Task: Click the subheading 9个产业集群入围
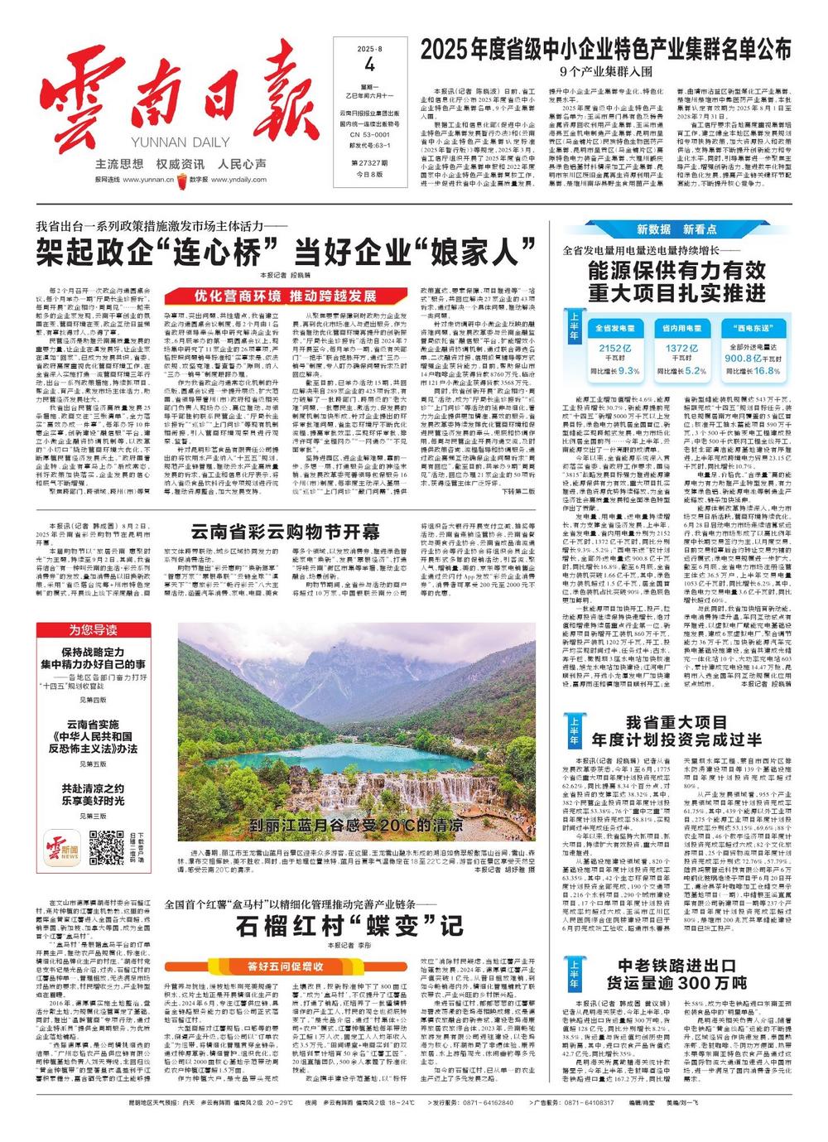(x=605, y=71)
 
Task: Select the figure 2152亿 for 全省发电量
(x=614, y=349)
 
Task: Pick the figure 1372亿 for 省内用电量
(x=681, y=349)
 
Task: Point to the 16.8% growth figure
(x=767, y=371)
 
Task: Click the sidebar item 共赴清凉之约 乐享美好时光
(x=93, y=794)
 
